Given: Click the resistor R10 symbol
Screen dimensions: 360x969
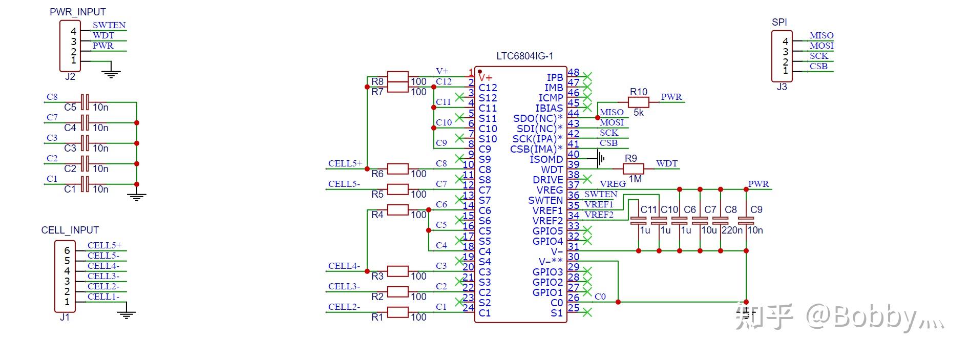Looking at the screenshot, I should coord(638,102).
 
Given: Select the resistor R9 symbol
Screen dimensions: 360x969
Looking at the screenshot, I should coord(634,169).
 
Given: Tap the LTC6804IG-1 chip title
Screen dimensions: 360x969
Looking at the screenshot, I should coord(524,56).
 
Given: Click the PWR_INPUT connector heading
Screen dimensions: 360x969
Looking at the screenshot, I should coord(78,12).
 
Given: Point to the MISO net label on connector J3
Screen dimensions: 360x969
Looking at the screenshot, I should coord(821,35).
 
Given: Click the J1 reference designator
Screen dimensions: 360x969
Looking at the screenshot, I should coord(65,317).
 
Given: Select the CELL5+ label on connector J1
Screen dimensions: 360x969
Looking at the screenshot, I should coord(104,245).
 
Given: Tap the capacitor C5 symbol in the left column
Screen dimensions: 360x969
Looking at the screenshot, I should coord(85,102).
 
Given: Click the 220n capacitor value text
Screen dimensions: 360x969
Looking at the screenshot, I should coord(732,230).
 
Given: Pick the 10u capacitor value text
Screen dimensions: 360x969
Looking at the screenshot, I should coord(709,230).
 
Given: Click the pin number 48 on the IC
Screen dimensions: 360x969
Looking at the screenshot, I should coord(574,73).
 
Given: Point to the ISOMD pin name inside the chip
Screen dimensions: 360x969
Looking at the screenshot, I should coord(546,159).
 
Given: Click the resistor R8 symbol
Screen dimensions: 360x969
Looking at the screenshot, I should coord(398,77).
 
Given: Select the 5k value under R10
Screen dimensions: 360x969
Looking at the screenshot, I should coord(638,113).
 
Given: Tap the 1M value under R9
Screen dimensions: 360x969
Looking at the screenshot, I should coord(635,179).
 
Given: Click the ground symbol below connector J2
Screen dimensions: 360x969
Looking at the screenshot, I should coord(111,72).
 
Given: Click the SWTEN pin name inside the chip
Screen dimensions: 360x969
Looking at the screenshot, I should coord(545,200).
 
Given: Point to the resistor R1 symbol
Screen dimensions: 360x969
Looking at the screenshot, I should coord(398,312).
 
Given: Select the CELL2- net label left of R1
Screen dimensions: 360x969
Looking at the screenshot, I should coord(344,307).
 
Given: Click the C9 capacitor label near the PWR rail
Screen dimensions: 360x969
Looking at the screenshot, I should coord(756,209).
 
